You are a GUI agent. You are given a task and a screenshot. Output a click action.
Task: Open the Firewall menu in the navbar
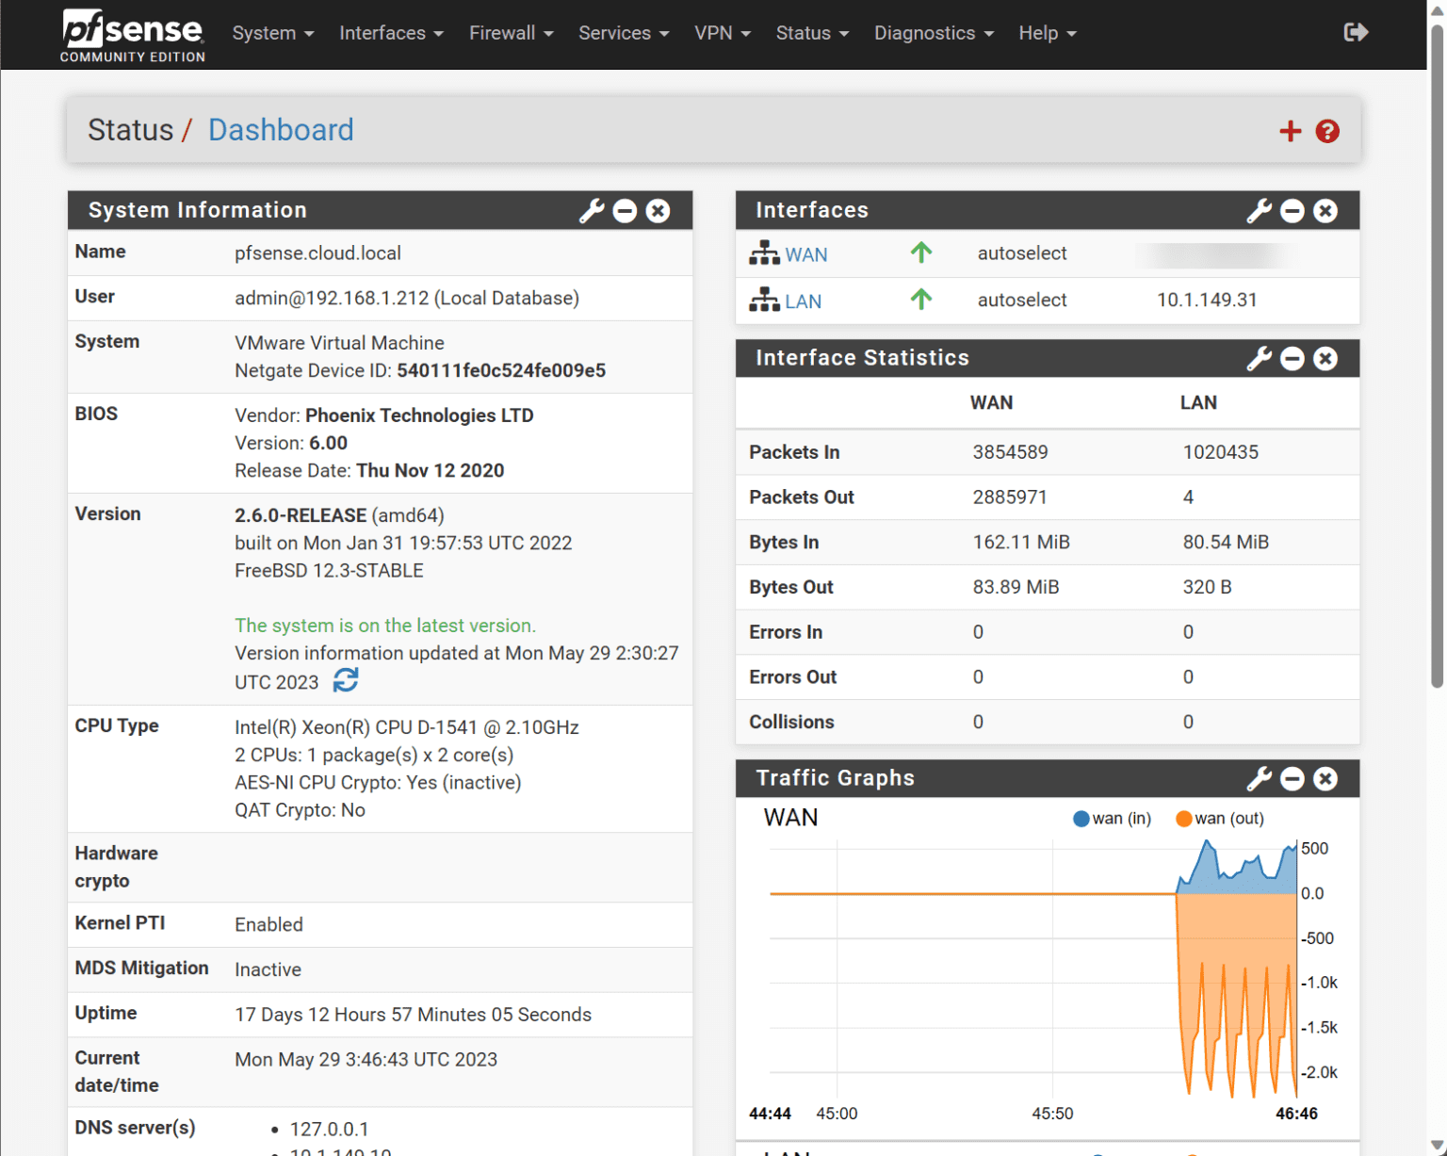(511, 33)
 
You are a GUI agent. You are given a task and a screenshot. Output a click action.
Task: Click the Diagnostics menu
(933, 33)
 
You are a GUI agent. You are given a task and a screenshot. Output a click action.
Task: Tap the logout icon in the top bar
(1355, 33)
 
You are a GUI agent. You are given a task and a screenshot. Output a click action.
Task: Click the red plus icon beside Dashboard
(1290, 131)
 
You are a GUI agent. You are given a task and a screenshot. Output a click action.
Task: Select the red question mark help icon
(1327, 131)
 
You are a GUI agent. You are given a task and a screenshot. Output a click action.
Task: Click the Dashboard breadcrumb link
(281, 130)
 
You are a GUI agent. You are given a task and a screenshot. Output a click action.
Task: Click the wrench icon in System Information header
(592, 211)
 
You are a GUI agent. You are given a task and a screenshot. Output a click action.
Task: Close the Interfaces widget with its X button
(1325, 211)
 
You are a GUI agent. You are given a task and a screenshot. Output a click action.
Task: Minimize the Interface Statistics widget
(1293, 359)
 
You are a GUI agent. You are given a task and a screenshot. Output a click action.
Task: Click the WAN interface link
(805, 254)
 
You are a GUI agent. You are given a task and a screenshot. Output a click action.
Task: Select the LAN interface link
(803, 301)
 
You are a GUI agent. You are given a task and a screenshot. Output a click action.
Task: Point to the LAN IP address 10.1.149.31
(1207, 301)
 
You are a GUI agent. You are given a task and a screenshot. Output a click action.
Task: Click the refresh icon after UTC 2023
(346, 680)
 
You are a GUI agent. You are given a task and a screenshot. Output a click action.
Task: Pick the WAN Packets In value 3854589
(1010, 452)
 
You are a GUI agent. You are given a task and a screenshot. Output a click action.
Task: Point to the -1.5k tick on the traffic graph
(1319, 1028)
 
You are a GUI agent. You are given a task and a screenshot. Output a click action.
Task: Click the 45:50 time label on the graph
(1052, 1114)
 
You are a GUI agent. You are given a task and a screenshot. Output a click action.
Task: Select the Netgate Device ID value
(501, 371)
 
